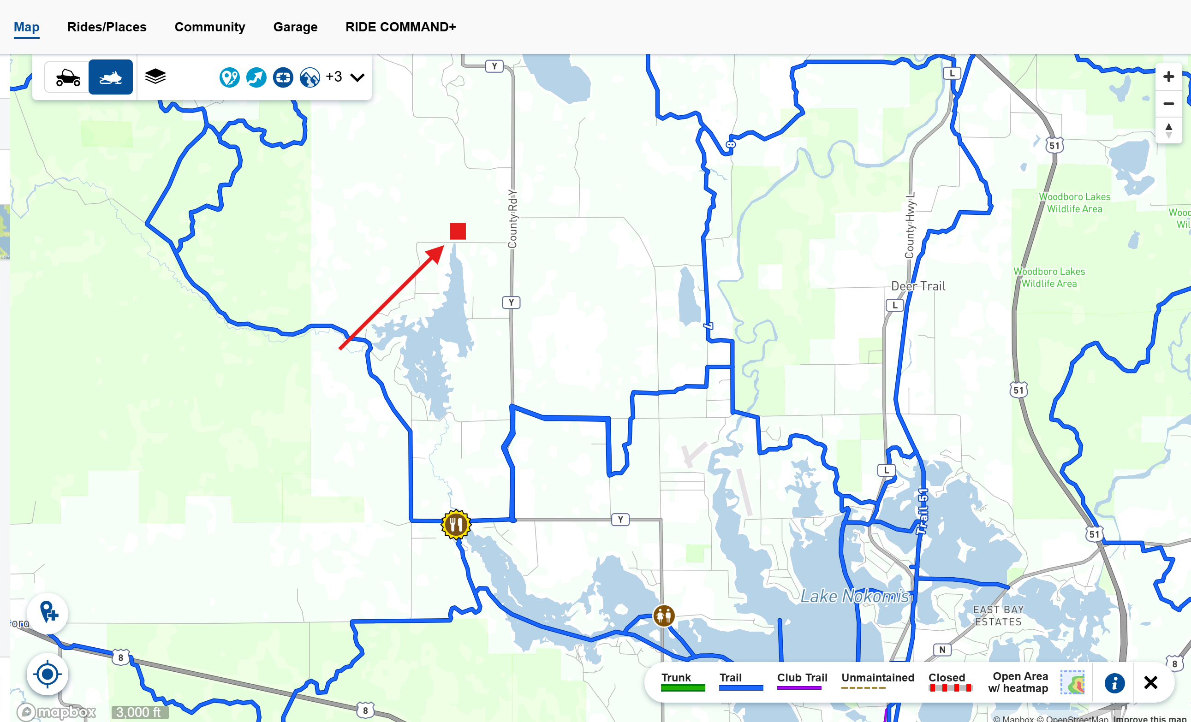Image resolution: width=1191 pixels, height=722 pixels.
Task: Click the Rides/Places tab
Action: (107, 27)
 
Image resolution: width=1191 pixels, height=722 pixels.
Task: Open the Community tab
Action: (210, 27)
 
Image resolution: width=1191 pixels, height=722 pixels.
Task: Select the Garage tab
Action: (295, 27)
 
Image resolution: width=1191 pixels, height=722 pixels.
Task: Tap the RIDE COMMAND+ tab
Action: (400, 27)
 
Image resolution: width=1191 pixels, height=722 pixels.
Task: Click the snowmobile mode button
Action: (111, 77)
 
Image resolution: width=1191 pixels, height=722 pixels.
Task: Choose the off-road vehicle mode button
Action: (67, 77)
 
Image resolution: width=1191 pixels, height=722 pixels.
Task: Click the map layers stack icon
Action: (155, 77)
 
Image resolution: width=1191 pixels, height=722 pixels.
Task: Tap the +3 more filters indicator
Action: (334, 77)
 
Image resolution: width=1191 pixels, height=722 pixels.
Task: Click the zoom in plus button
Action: (1168, 77)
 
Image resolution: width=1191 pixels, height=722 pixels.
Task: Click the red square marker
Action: (458, 231)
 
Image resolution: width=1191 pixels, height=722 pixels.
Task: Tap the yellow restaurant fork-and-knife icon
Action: (456, 524)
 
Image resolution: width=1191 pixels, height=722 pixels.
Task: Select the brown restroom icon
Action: (664, 615)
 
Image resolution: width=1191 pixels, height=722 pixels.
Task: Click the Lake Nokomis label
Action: (855, 596)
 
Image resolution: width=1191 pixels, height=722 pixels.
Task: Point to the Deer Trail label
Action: (918, 286)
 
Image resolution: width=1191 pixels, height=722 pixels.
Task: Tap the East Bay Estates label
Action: (998, 615)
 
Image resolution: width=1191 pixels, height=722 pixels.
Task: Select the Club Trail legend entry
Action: (801, 682)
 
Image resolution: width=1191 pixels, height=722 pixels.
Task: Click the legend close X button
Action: (1150, 682)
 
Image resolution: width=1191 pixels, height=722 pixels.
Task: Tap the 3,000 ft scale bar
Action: (139, 712)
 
